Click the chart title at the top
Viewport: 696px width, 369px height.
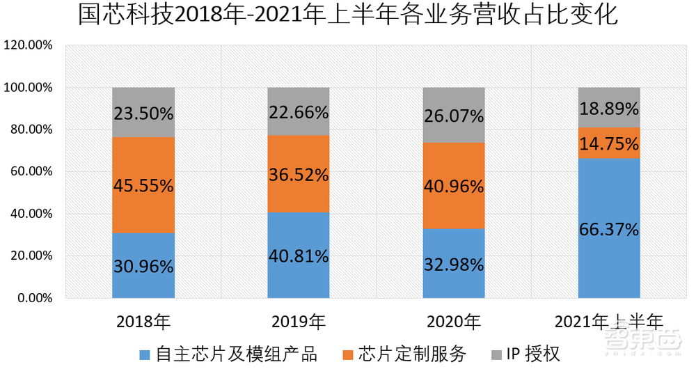(x=348, y=16)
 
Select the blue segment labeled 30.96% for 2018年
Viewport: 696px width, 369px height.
(x=143, y=265)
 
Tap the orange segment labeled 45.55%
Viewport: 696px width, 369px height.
(x=143, y=185)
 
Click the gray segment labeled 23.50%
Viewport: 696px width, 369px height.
(x=143, y=112)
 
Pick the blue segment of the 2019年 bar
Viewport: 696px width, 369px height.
(x=299, y=256)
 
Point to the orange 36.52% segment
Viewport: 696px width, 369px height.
(x=299, y=174)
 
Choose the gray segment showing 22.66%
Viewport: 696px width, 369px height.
(x=299, y=111)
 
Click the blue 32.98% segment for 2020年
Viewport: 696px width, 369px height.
(x=454, y=264)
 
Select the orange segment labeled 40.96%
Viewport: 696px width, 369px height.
(x=454, y=186)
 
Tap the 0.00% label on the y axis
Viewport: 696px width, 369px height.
(x=33, y=299)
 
